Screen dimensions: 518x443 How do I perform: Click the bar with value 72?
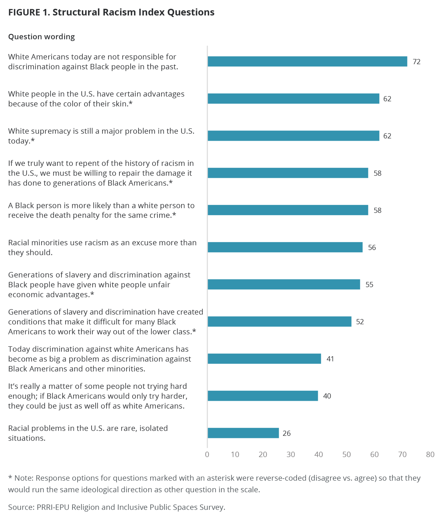(307, 61)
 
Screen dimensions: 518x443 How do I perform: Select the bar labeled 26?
(243, 433)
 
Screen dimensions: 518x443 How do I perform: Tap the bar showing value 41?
(264, 359)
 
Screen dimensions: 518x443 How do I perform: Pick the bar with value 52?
(279, 321)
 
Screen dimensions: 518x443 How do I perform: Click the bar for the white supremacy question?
(293, 136)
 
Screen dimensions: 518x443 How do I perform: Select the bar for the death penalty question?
(288, 210)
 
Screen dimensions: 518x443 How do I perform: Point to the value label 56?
(372, 247)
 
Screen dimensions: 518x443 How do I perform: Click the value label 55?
(369, 285)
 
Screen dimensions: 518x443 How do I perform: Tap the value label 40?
(327, 396)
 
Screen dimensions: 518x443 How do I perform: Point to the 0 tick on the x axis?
(207, 455)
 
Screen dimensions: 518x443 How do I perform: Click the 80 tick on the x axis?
(430, 455)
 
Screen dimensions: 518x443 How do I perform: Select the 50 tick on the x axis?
(346, 455)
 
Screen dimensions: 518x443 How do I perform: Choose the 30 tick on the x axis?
(291, 455)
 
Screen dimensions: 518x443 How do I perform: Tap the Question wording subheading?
(41, 37)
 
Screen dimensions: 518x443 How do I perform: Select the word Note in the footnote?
(24, 478)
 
